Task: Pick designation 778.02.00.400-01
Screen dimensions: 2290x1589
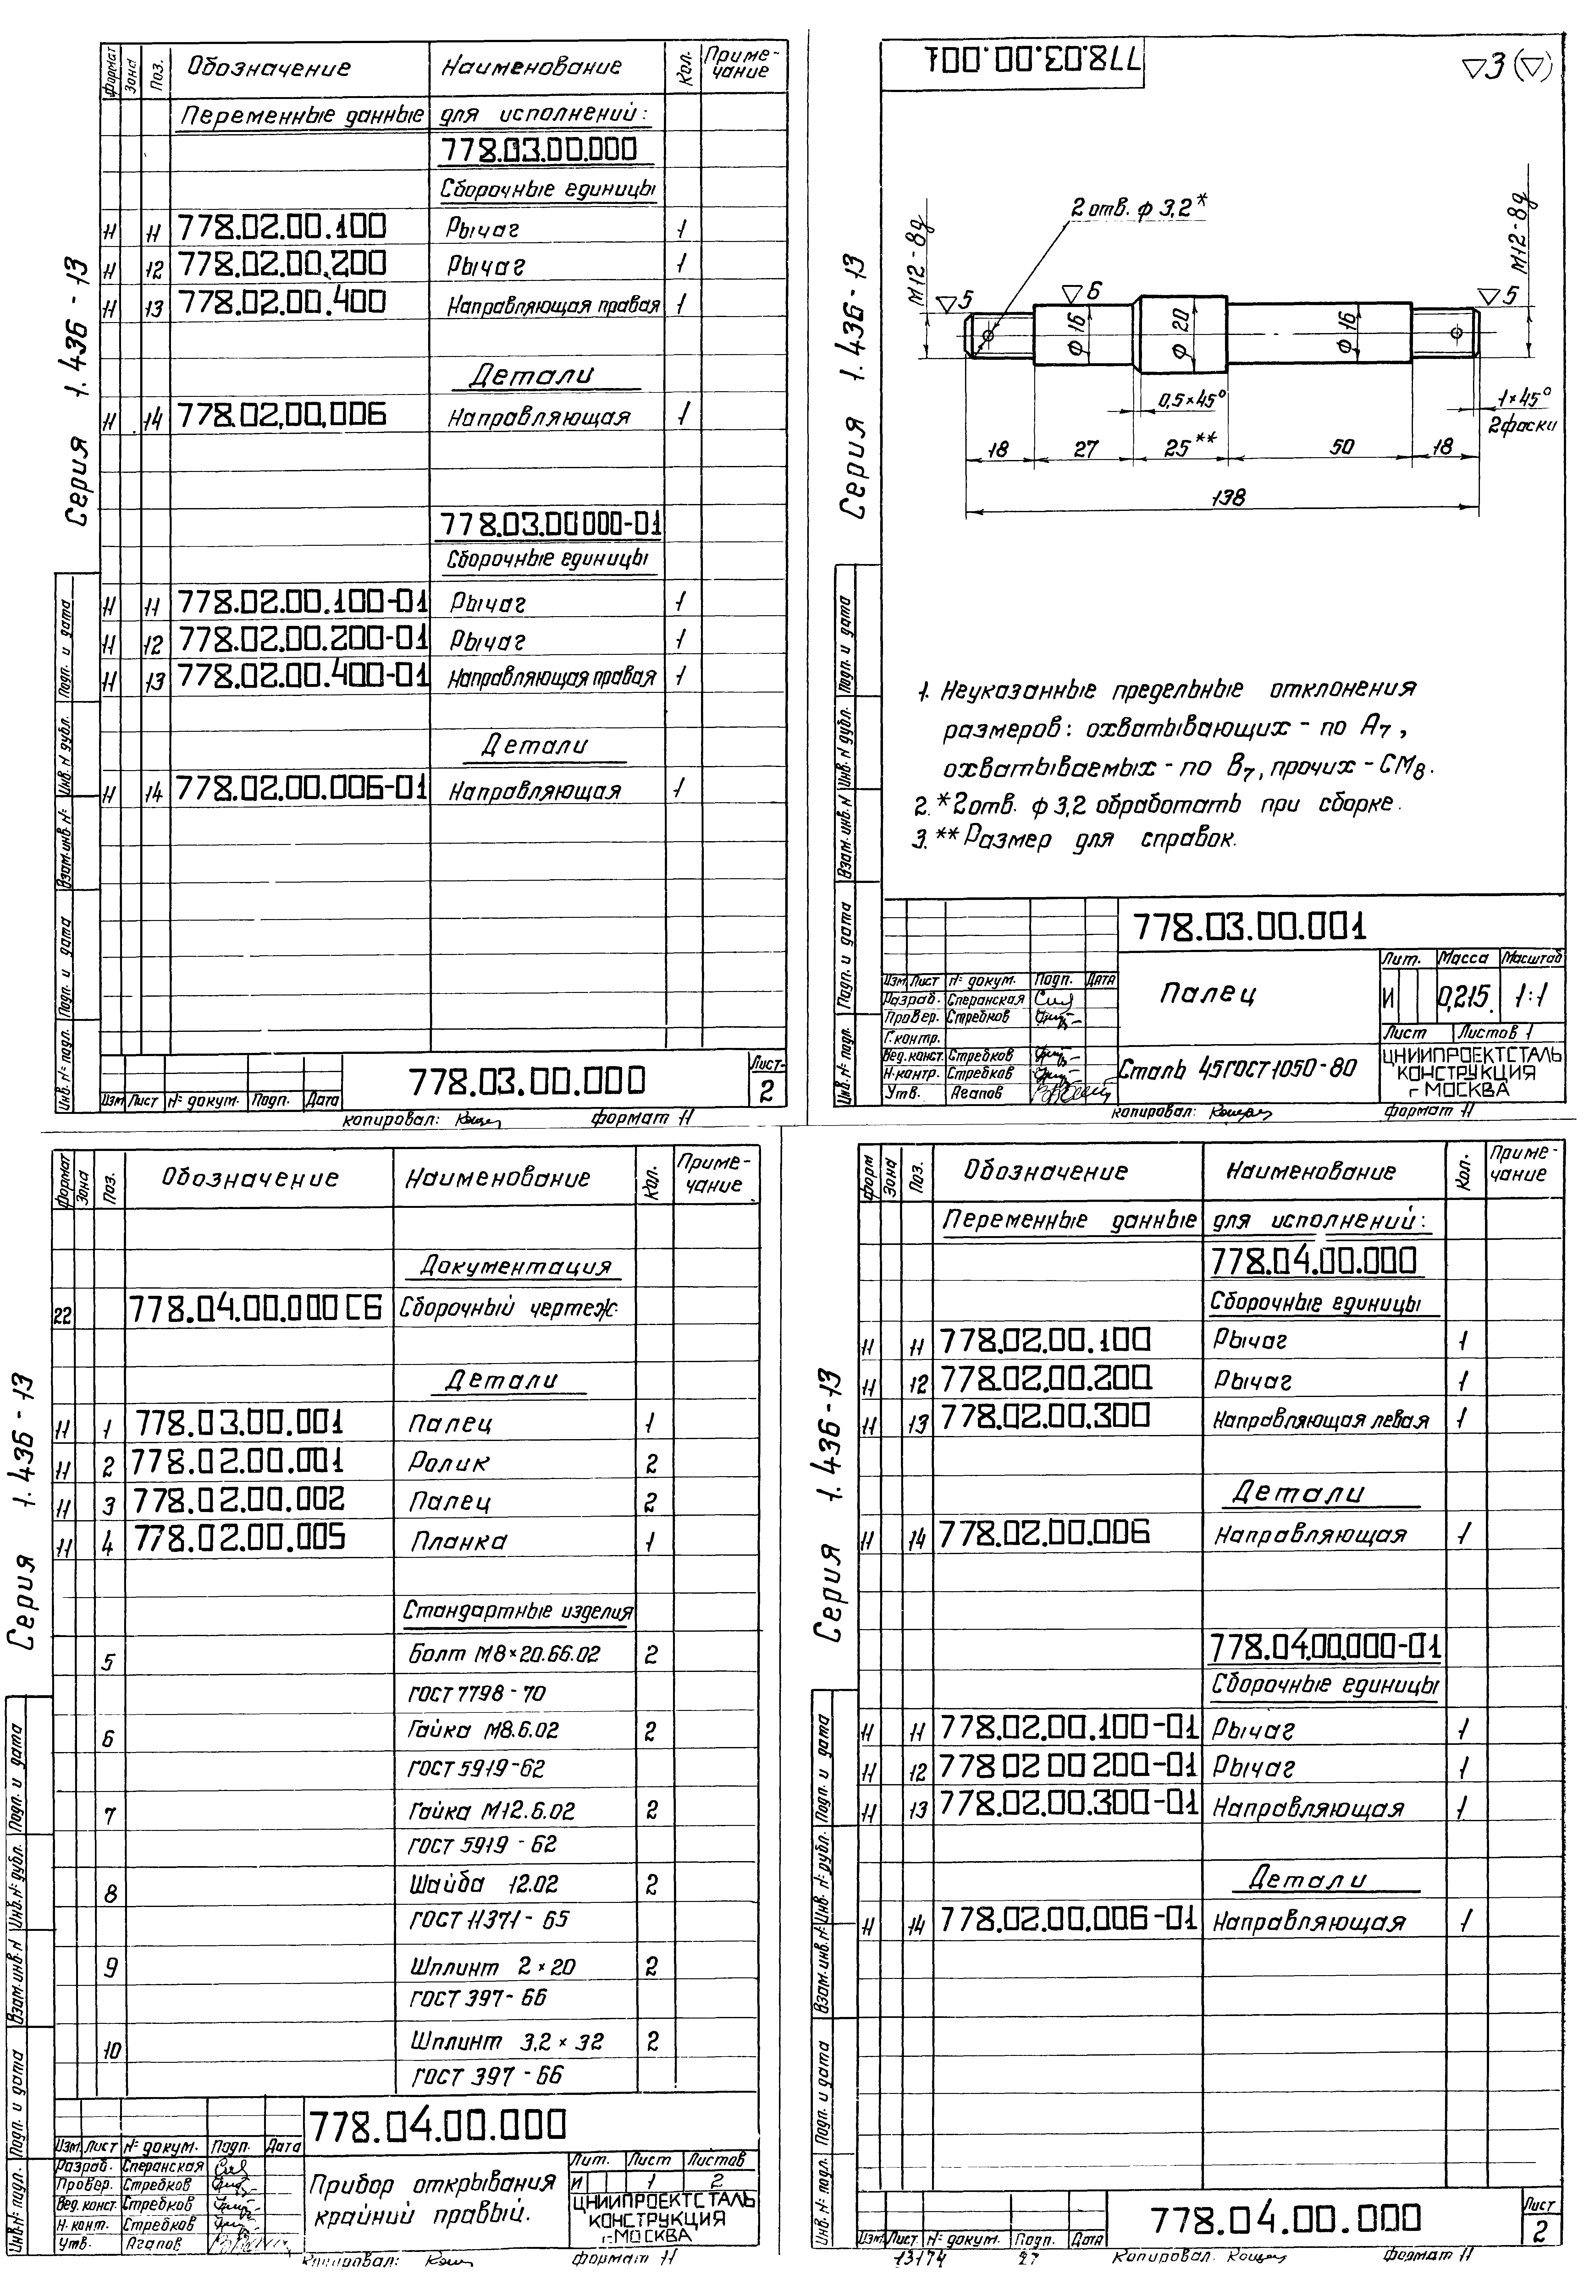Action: pyautogui.click(x=303, y=676)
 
